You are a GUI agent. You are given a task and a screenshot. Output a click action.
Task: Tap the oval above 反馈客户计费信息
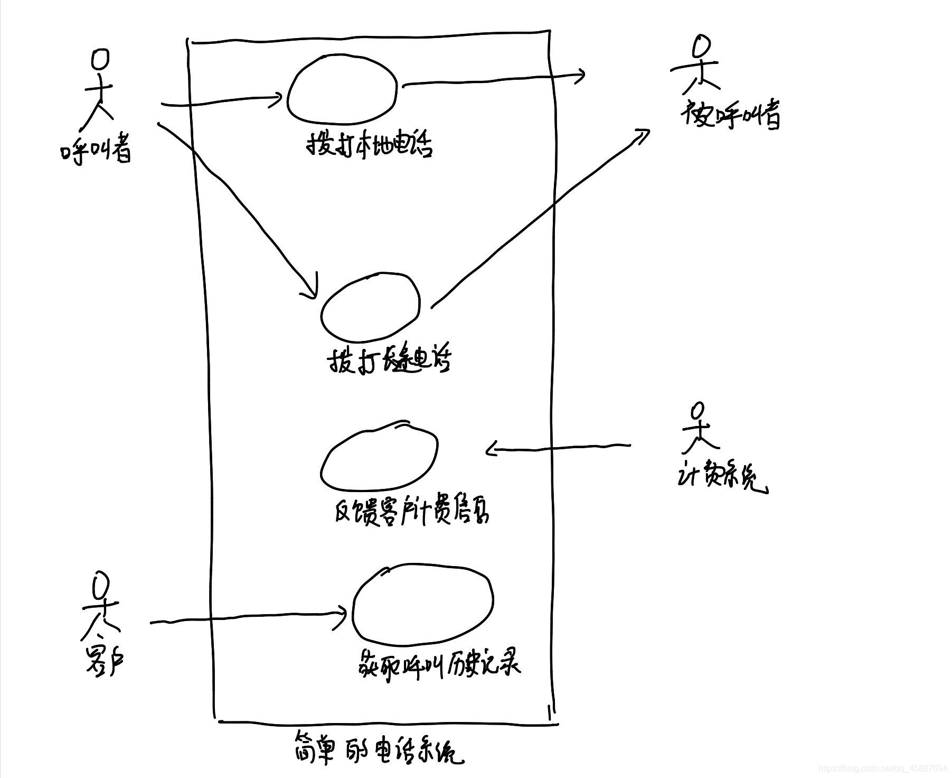tap(379, 456)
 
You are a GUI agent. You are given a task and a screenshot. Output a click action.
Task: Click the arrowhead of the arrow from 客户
tap(344, 614)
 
